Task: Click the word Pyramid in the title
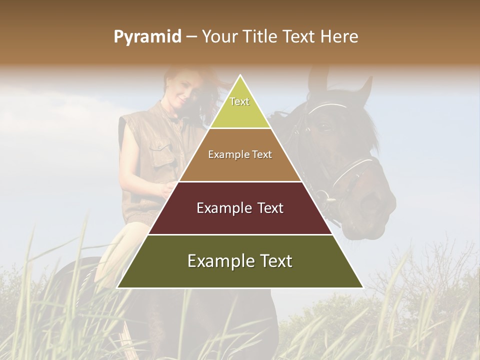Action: coord(147,37)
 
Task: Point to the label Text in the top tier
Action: coord(239,101)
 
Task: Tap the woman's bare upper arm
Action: coord(131,155)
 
